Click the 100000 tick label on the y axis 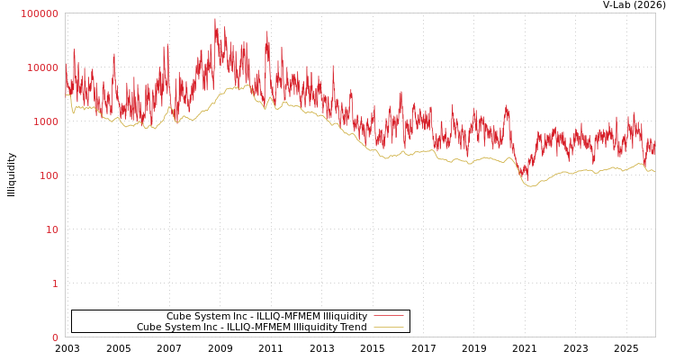pos(40,13)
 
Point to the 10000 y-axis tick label pos(42,67)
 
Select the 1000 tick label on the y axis pos(45,121)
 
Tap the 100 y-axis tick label pos(48,175)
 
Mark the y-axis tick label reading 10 pos(51,229)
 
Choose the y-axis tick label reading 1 pos(54,283)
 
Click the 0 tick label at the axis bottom pos(54,337)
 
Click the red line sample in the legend pos(388,316)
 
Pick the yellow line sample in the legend pos(388,328)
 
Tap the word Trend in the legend pos(353,328)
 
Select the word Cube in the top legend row pos(179,316)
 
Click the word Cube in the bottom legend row pos(149,328)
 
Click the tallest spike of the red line pos(214,19)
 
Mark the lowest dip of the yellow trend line pos(530,186)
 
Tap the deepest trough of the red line pos(526,177)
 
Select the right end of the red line pos(654,148)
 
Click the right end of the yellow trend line pos(654,170)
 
